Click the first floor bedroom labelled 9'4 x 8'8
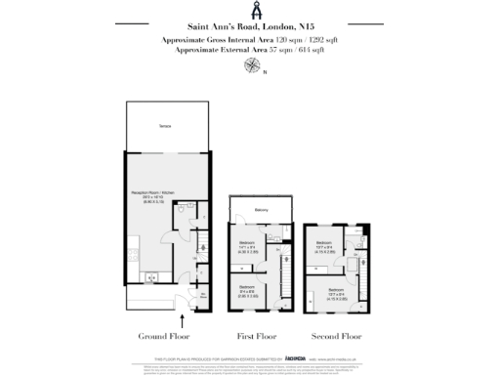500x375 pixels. point(248,291)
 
